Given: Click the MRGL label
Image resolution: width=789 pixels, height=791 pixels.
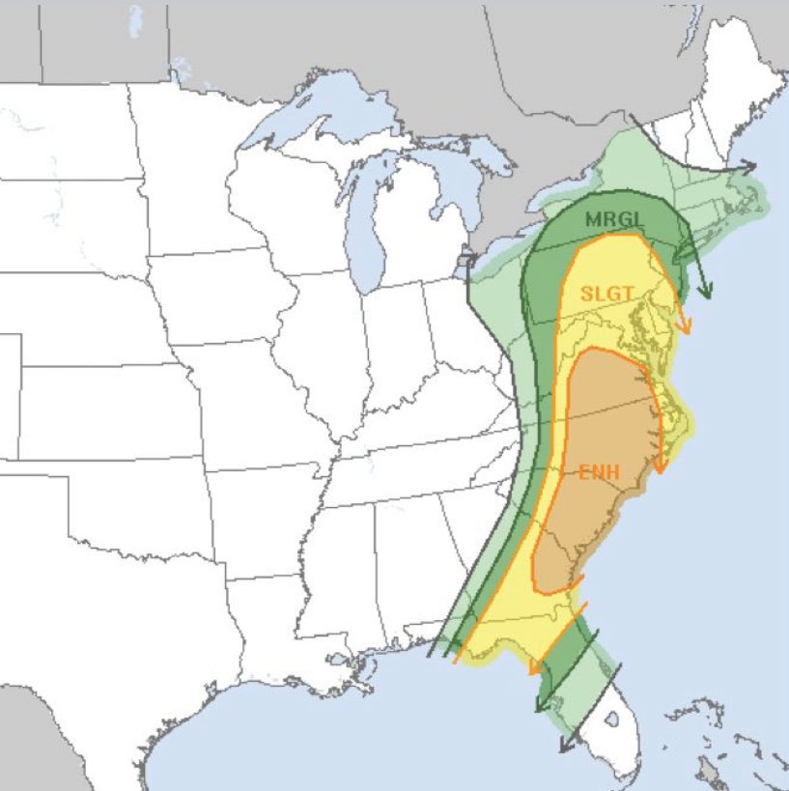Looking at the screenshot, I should coord(613,219).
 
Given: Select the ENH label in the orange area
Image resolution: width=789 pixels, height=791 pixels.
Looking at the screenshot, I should coord(600,473).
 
